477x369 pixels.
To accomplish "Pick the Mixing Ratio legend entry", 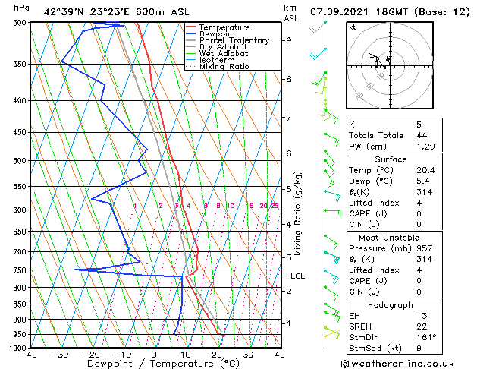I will pos(224,67).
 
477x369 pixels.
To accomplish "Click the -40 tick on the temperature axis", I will pos(30,354).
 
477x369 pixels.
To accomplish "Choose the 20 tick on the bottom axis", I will pos(216,354).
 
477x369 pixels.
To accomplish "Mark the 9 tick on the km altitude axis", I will pos(289,40).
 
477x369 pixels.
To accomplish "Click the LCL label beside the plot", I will pos(297,276).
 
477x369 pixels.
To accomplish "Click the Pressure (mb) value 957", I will pos(423,248).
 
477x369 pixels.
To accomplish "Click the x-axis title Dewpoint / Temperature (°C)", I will pos(154,364).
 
